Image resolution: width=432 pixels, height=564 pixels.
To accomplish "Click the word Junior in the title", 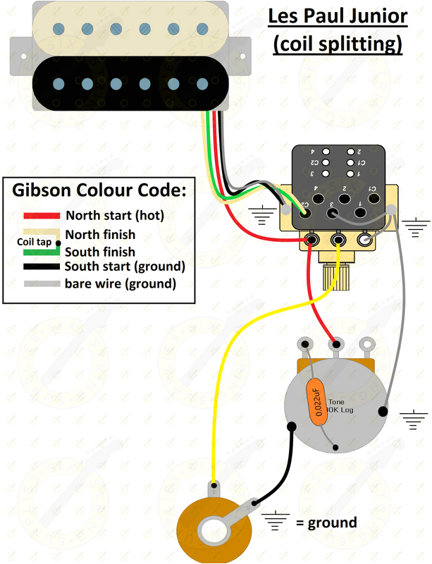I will pos(371,17).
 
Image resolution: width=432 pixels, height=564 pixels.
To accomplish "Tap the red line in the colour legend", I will pos(42,215).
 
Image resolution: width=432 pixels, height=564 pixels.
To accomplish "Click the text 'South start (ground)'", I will pos(125,266).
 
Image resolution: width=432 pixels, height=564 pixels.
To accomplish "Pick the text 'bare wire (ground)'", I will pos(120,284).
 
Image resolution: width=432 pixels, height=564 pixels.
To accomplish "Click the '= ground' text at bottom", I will pos(326,522).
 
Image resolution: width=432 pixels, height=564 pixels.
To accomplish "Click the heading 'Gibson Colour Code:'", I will pos(99,191).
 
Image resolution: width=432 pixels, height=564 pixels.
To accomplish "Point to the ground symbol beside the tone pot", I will pos(413,421).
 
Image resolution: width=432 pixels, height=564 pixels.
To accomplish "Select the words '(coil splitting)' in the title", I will pos(338,44).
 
